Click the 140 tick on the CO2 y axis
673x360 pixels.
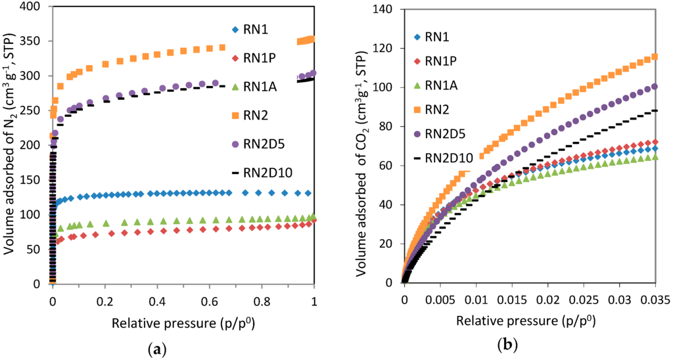pyautogui.click(x=384, y=10)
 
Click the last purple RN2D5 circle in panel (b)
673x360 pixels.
pyautogui.click(x=654, y=87)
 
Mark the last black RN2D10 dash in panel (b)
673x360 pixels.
pyautogui.click(x=654, y=111)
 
